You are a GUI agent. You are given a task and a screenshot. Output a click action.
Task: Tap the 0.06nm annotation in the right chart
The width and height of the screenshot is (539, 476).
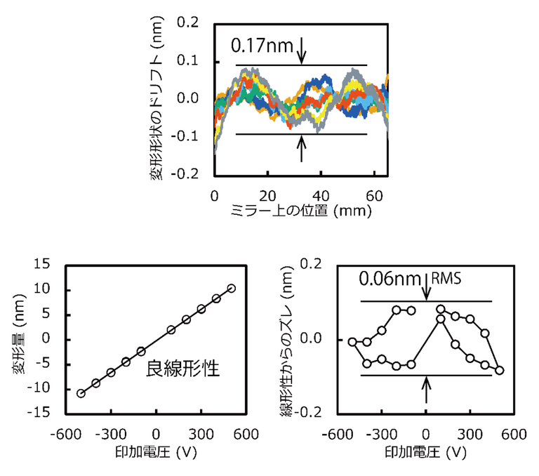(383, 278)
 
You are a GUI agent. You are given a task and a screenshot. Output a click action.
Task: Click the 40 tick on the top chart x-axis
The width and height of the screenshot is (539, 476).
(321, 193)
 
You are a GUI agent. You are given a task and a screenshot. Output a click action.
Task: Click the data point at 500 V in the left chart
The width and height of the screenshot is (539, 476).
(232, 289)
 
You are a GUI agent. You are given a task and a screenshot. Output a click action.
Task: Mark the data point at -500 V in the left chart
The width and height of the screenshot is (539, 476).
(81, 393)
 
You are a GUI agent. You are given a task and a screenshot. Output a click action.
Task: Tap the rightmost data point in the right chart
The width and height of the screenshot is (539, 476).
(499, 370)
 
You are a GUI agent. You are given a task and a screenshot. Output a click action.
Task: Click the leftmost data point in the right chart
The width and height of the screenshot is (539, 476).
(352, 342)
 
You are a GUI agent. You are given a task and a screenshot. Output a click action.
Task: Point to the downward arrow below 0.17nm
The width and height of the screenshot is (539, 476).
(302, 49)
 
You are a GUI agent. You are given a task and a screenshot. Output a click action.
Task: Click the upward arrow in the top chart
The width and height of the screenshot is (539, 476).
(302, 147)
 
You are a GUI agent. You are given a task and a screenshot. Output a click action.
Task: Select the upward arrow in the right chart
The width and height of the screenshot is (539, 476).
(426, 390)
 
